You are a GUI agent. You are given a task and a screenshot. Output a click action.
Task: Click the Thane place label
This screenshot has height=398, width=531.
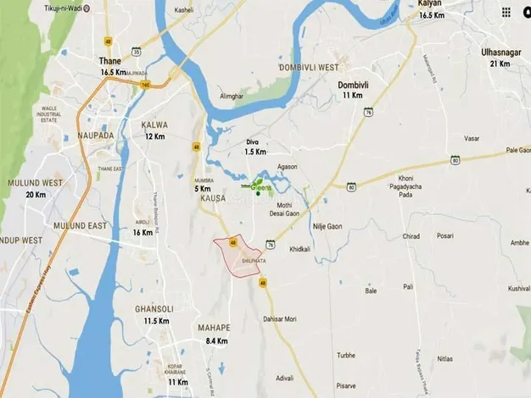click(x=110, y=62)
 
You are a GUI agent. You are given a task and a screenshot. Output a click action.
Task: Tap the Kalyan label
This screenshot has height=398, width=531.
click(x=431, y=4)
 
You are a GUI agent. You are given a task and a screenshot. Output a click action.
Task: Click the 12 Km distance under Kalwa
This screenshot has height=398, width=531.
click(x=154, y=136)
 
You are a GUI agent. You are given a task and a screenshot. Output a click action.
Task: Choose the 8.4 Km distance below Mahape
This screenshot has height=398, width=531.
click(x=216, y=340)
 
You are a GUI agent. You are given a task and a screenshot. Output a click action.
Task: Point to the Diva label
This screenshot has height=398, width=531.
click(x=251, y=141)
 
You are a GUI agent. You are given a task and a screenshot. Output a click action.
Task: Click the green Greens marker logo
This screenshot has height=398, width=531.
click(x=259, y=187)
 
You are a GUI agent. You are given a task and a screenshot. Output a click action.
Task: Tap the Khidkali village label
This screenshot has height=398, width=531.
click(x=300, y=250)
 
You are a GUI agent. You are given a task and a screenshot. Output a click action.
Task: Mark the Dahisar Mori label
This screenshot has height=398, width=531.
click(x=278, y=318)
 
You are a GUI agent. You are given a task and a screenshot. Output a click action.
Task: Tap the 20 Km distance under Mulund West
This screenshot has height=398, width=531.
click(x=36, y=195)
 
